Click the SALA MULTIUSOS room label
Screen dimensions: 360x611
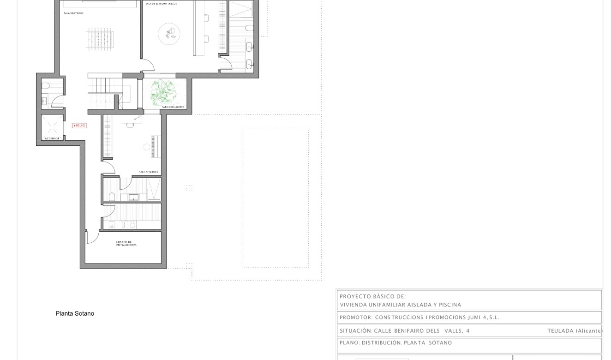click(74, 13)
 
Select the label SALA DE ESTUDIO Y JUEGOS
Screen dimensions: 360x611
click(161, 4)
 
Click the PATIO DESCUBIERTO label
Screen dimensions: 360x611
click(173, 107)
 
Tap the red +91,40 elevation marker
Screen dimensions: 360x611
click(79, 126)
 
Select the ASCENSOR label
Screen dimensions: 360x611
click(52, 138)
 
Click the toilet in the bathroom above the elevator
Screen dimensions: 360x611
click(46, 85)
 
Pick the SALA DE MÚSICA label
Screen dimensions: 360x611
click(149, 172)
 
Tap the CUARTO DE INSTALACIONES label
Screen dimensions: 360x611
click(126, 243)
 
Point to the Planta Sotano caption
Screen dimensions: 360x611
click(75, 313)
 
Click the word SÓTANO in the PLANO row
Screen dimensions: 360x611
click(440, 343)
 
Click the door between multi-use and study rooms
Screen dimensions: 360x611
click(147, 66)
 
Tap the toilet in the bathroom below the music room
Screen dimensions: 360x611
click(111, 196)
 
